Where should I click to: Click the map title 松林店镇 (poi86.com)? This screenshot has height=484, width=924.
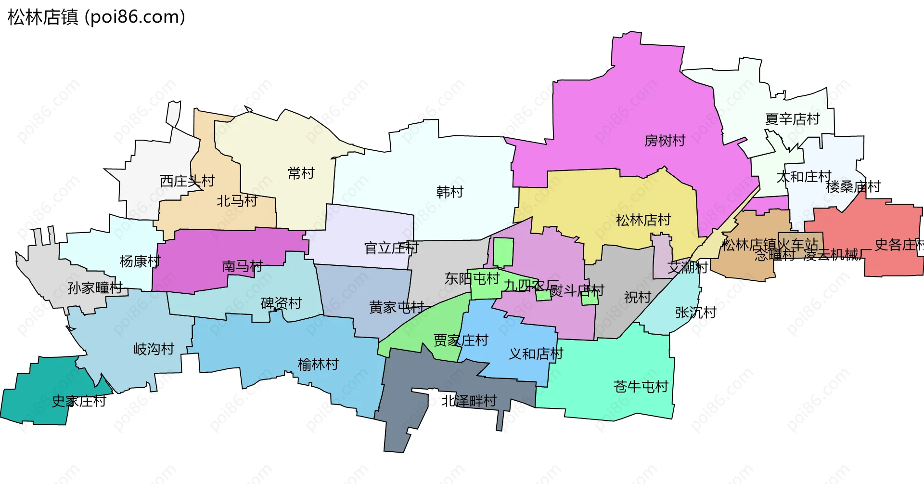(96, 17)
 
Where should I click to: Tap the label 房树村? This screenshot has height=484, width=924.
(665, 141)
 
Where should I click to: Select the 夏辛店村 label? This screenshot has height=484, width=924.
(792, 119)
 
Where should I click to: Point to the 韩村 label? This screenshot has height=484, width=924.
(449, 192)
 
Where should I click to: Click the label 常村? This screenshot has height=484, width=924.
(301, 173)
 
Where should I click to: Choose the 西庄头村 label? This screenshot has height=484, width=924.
(187, 181)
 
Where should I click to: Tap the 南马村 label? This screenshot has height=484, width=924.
(243, 266)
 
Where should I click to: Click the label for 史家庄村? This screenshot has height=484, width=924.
(79, 401)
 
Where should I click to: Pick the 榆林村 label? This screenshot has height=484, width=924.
(318, 364)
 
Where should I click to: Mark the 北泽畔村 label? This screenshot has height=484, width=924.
(469, 401)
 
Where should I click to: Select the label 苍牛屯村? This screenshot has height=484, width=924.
(641, 386)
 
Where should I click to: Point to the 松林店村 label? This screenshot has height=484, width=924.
(643, 220)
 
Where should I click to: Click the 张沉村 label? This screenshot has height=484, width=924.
(695, 313)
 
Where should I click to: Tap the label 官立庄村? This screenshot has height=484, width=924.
(391, 248)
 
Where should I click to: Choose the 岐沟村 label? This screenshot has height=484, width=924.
(154, 349)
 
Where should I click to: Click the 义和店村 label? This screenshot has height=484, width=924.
(536, 354)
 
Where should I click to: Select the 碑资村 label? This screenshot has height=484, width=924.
(281, 303)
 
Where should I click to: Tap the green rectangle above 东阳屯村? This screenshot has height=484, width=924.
(503, 252)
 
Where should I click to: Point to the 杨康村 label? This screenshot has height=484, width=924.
(140, 262)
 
